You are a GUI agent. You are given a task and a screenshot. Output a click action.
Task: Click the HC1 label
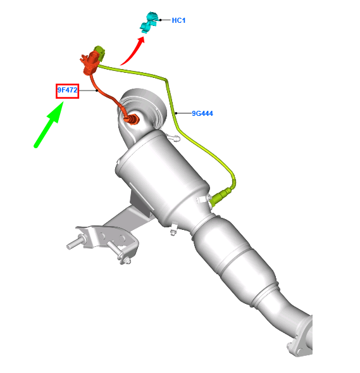[x=178, y=20]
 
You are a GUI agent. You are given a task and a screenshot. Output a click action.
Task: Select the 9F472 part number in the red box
[x=67, y=91]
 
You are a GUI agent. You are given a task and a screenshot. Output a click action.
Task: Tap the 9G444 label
[x=202, y=114]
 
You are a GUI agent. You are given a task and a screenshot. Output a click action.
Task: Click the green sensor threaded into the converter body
[x=221, y=196]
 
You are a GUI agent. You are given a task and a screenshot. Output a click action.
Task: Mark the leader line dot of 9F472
[x=97, y=91]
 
